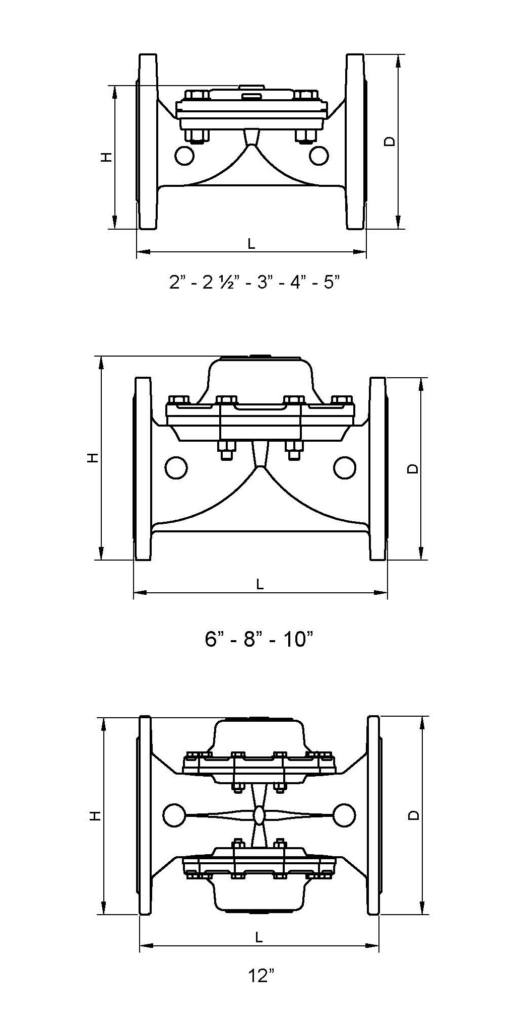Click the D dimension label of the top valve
coord(390,142)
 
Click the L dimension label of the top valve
coord(251,244)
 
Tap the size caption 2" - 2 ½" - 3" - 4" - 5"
coord(251,282)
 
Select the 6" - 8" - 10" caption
coord(260,639)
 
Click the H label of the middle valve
coord(92,458)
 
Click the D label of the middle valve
coord(412,468)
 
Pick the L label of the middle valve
coord(260,584)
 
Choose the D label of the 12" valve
coord(413,815)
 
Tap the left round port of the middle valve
coord(176,468)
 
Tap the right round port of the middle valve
coord(345,468)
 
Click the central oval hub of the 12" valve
coord(259,815)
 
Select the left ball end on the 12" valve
coord(174,814)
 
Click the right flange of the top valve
coord(355,142)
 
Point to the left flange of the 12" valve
coord(145,815)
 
